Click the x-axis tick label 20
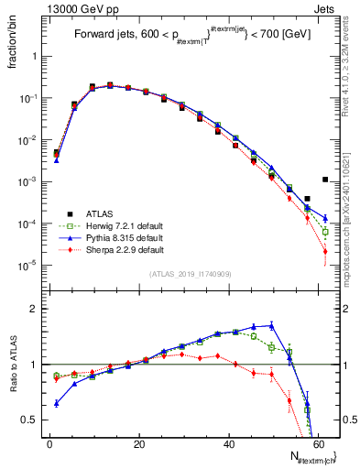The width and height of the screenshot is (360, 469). [139, 443]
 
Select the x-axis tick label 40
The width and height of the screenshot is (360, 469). [229, 443]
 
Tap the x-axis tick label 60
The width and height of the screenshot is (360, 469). [318, 443]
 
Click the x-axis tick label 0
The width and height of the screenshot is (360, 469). [49, 443]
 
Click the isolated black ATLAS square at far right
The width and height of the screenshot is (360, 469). [325, 180]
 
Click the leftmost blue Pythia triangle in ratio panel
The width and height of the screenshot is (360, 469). [57, 403]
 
